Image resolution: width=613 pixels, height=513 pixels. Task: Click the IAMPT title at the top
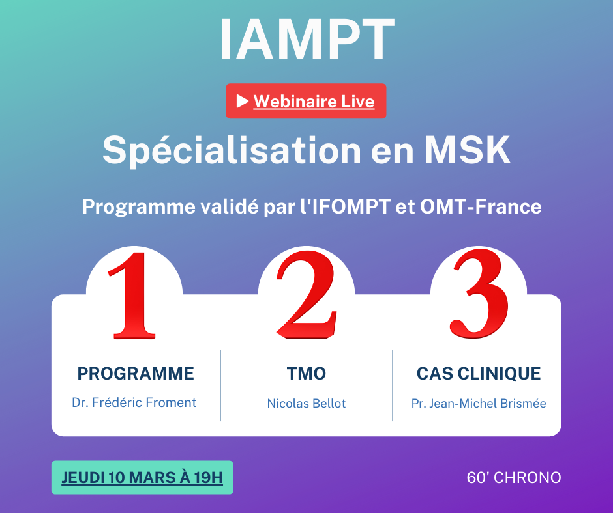pos(307,39)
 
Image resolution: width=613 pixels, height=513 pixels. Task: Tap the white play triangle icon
pos(242,101)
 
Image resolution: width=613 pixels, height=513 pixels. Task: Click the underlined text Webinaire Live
pos(314,102)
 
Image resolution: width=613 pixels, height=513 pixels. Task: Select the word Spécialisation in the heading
pos(232,150)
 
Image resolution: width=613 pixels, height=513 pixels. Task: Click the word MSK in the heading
pos(467,150)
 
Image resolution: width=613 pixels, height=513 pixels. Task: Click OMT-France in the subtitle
pos(481,206)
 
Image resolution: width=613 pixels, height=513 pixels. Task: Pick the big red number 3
pos(480,294)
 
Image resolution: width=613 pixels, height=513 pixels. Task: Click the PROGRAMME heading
pos(136,374)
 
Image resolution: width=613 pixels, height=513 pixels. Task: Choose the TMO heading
pos(306,374)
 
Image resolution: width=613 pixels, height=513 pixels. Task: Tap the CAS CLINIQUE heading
pos(479,374)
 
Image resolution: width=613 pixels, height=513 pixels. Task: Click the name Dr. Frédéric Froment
pos(134,402)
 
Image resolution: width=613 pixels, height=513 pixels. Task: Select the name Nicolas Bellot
pos(306,403)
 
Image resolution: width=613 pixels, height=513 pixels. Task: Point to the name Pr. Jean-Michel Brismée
pos(479,403)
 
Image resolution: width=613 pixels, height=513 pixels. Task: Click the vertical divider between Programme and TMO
pos(220,385)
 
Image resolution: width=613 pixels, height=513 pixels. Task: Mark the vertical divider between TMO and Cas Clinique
pos(393,385)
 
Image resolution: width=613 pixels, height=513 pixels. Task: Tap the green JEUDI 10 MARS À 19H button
pos(142,477)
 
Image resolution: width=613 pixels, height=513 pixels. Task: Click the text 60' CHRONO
pos(514,477)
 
